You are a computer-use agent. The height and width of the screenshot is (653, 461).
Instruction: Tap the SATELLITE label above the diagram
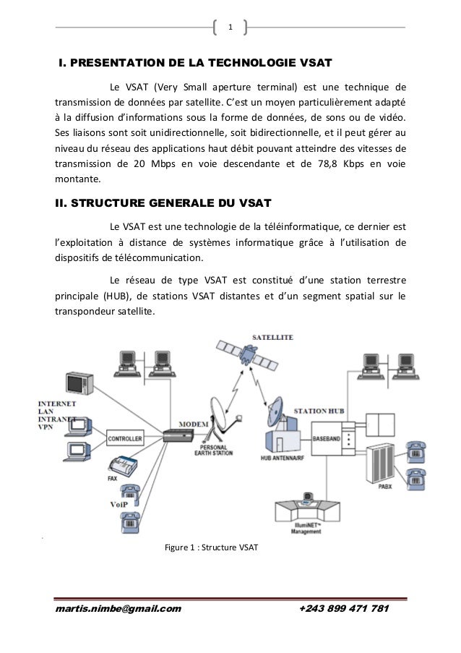pyautogui.click(x=272, y=337)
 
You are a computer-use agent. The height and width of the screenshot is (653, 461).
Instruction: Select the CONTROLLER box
pyautogui.click(x=125, y=438)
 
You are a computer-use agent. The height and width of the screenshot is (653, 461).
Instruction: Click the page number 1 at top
pyautogui.click(x=231, y=28)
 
